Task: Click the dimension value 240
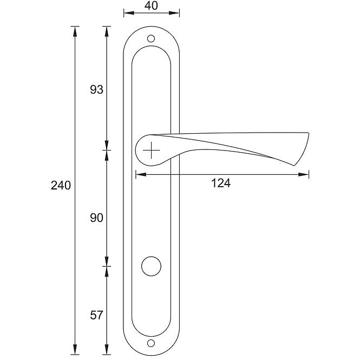click(x=61, y=185)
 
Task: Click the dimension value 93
click(x=96, y=89)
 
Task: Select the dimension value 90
click(x=96, y=218)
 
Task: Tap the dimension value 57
click(x=96, y=315)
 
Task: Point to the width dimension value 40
click(x=151, y=5)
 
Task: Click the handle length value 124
click(x=220, y=183)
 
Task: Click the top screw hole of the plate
click(x=151, y=38)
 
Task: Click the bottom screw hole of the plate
click(x=151, y=343)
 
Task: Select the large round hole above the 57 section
click(x=151, y=266)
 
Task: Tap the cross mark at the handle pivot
click(x=151, y=150)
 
